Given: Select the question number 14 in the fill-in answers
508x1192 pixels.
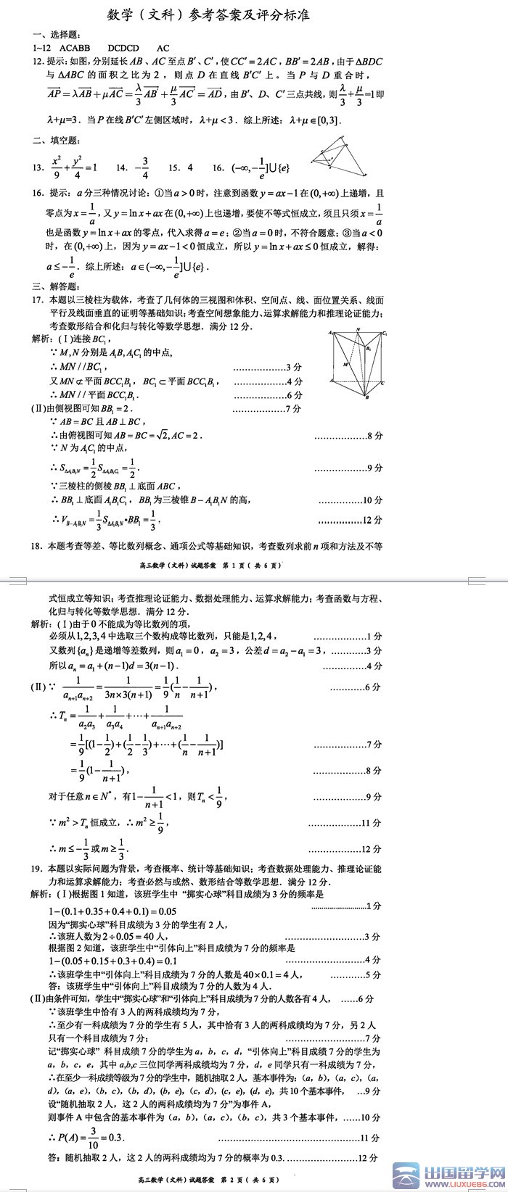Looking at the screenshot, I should [121, 167].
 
